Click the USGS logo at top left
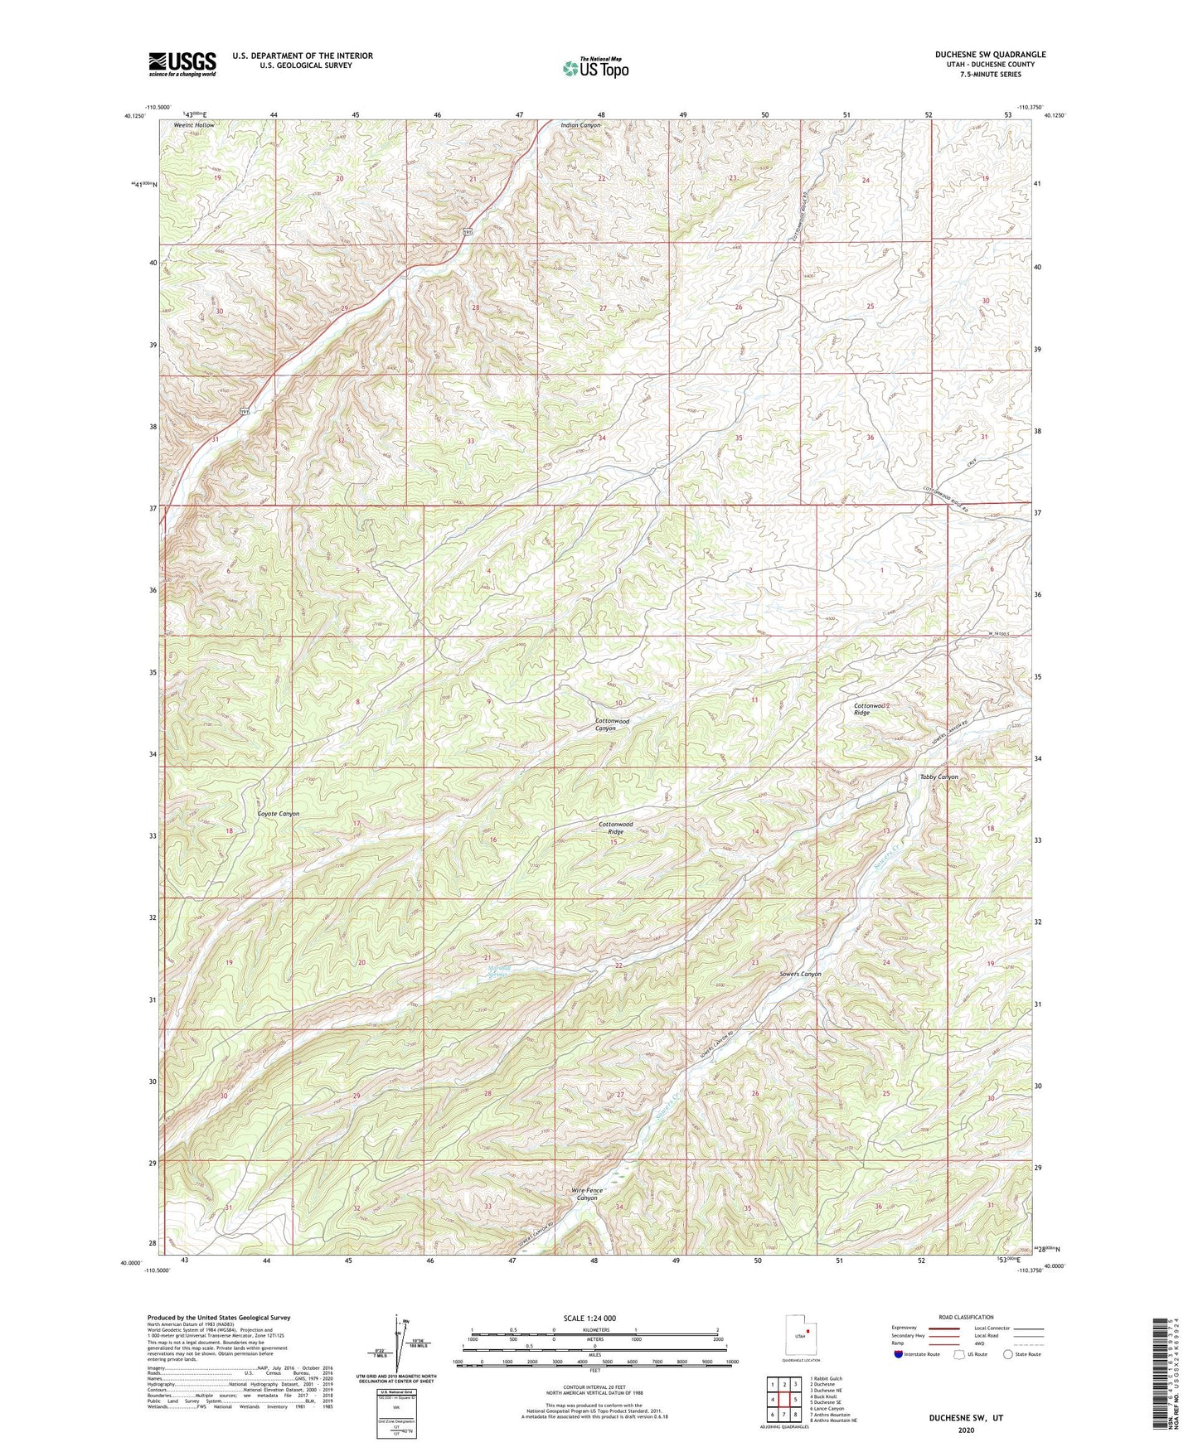pos(182,64)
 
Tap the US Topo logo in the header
pos(594,68)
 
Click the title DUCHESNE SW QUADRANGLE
pos(990,55)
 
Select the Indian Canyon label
pos(580,125)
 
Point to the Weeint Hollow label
pos(193,125)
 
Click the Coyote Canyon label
pos(278,814)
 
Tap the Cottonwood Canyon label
pos(612,724)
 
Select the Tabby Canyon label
pos(939,777)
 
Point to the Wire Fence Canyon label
pos(587,1193)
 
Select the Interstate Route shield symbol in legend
pos(900,1354)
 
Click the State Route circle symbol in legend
pos(1007,1354)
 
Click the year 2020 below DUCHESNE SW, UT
pos(965,1430)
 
